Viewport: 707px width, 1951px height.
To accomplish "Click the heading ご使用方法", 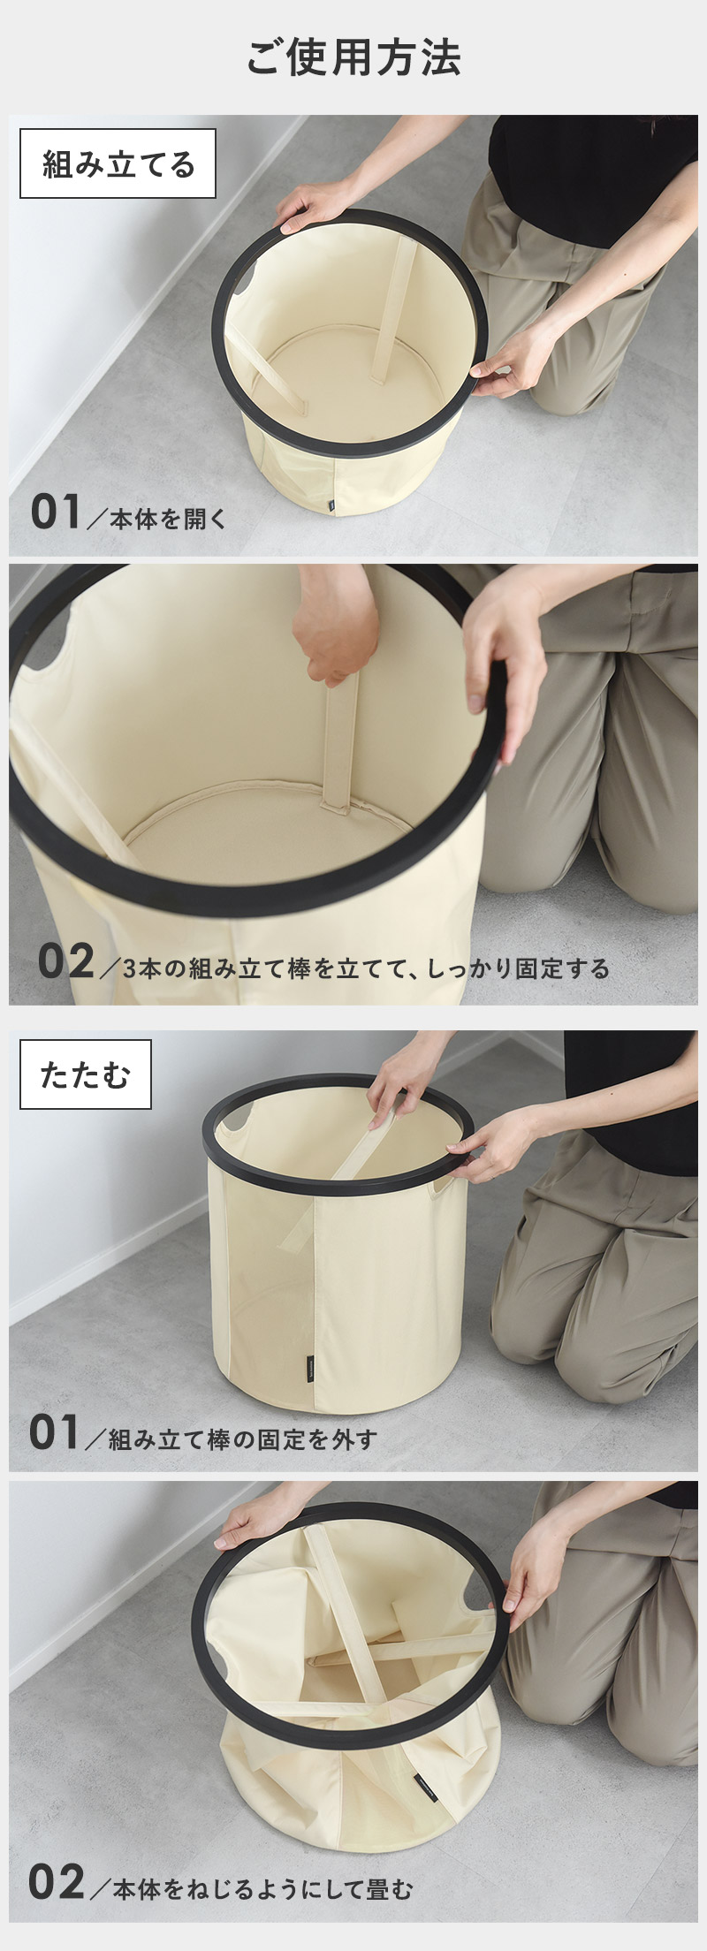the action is (x=353, y=57).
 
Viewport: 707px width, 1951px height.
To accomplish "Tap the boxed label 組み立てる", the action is (x=118, y=163).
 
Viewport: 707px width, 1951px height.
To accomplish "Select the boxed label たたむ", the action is (x=86, y=1074).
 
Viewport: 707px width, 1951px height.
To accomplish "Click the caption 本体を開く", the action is (x=168, y=519).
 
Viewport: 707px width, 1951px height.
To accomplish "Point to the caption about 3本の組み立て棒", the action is (x=366, y=968).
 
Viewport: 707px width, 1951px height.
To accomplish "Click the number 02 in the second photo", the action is (x=65, y=961).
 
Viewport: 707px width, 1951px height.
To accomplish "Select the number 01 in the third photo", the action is (x=55, y=1432).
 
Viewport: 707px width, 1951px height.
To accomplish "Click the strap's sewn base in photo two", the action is (x=340, y=806).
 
